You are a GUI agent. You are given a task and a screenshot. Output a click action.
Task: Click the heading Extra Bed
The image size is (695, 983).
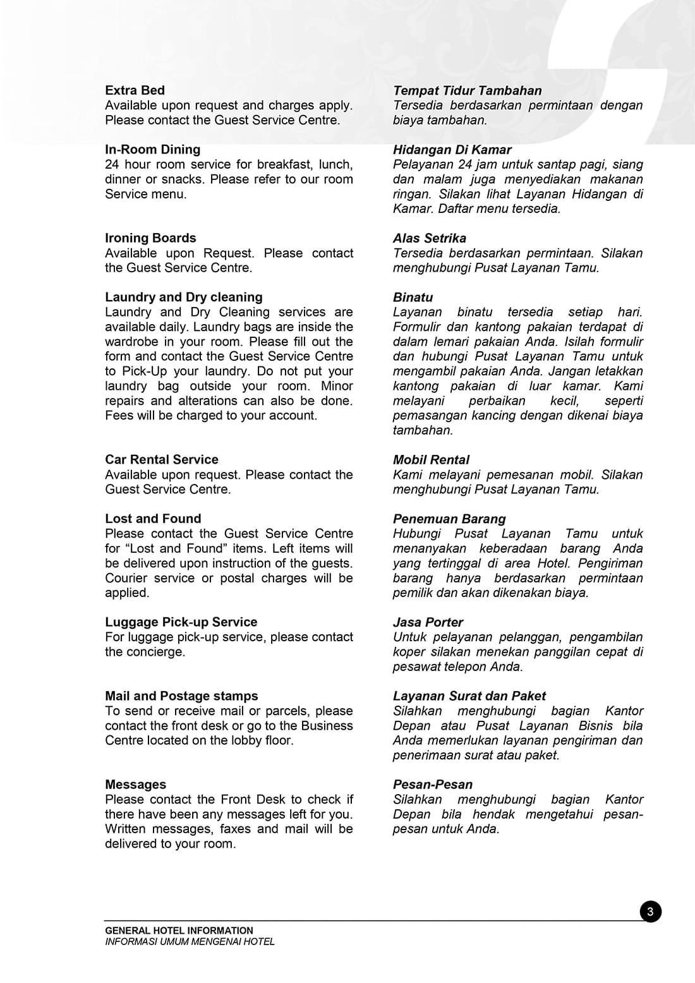coord(135,90)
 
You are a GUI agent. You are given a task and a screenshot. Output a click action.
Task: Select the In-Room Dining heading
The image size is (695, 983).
coord(152,150)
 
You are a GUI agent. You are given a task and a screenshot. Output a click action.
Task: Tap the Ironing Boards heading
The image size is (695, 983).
coord(150,238)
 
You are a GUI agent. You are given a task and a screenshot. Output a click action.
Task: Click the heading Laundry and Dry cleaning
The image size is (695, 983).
coord(183,297)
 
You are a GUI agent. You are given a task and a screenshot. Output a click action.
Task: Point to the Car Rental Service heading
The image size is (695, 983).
coord(161,459)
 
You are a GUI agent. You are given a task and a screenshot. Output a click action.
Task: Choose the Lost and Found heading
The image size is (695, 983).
coord(153,519)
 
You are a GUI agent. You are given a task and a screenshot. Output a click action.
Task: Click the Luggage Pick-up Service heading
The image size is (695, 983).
coord(181,622)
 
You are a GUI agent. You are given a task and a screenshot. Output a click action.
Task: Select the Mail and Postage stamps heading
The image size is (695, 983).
coord(181,696)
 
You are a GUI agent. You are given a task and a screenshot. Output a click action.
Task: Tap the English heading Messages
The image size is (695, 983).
coord(135,784)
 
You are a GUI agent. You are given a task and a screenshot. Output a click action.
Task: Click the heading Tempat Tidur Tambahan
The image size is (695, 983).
coord(467,91)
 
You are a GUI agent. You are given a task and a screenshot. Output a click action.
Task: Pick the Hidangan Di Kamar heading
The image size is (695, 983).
coord(452,150)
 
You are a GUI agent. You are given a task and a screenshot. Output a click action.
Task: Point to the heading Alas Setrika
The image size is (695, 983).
coord(429,238)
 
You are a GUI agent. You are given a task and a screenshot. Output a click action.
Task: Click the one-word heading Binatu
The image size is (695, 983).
coord(413,297)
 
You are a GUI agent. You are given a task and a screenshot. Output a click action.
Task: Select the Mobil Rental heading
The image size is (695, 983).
coord(431,460)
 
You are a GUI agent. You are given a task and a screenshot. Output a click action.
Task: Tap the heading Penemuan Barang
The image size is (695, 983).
coord(449,519)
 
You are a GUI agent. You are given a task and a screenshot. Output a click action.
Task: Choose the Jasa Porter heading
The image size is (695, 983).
coord(428,622)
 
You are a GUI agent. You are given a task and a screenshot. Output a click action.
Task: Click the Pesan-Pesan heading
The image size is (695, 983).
coord(432,784)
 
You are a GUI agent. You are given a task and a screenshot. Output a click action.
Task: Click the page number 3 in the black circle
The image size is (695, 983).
coord(650,912)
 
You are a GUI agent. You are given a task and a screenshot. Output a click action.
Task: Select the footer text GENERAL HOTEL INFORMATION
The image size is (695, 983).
coord(179,931)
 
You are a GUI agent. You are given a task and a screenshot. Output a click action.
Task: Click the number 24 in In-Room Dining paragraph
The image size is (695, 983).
coord(112,164)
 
